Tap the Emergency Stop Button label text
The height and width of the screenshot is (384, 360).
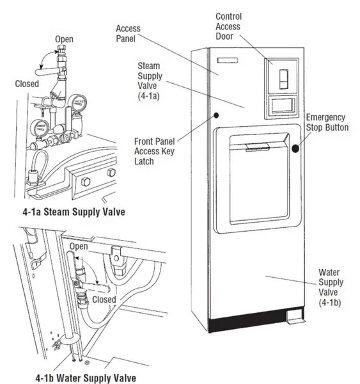coord(327,122)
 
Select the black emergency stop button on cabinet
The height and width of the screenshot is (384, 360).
coord(297,149)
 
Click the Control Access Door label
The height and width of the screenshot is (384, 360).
coord(229,26)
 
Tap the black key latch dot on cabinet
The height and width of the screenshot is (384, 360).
coord(217,116)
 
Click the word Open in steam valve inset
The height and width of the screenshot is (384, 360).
coord(64,40)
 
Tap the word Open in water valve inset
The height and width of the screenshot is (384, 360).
coord(79,246)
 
